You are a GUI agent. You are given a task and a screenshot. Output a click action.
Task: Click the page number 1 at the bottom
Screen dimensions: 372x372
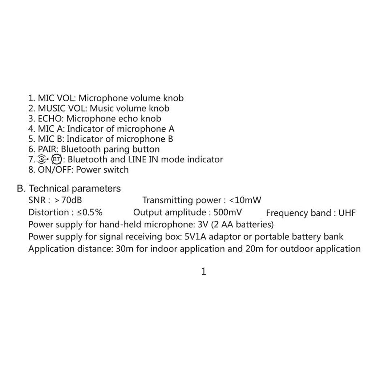pyautogui.click(x=203, y=271)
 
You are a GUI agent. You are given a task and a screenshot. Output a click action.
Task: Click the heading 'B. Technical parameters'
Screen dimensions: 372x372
pyautogui.click(x=69, y=189)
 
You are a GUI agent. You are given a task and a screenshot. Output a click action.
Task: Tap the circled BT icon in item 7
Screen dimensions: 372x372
pyautogui.click(x=56, y=159)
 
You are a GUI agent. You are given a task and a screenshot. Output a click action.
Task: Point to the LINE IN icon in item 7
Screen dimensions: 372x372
pyautogui.click(x=43, y=159)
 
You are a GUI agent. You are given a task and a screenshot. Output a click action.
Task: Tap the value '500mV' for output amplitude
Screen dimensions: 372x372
pyautogui.click(x=228, y=212)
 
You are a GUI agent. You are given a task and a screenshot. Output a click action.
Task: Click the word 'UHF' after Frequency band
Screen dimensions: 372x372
pyautogui.click(x=347, y=213)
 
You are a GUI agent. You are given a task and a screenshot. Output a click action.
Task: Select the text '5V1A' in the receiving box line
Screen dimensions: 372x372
pyautogui.click(x=196, y=237)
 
